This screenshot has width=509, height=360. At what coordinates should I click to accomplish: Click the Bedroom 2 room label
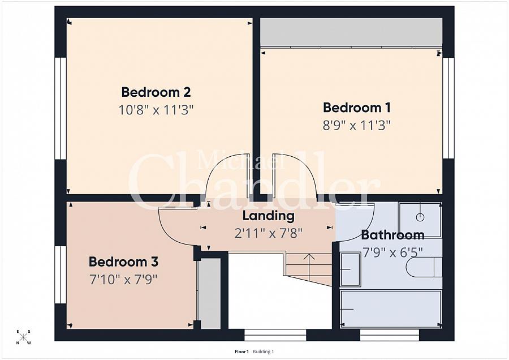[x=156, y=92]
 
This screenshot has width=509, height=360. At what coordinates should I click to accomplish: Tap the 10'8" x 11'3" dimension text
[x=156, y=110]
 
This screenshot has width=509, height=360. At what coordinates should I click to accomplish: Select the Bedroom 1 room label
[x=357, y=108]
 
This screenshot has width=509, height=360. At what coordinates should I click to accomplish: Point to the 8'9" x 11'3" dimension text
[x=356, y=125]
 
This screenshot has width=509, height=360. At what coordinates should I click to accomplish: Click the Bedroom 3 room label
[x=123, y=262]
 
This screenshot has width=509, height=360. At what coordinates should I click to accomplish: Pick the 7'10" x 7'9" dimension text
[x=123, y=279]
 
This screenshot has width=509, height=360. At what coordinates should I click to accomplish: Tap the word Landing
[x=269, y=216]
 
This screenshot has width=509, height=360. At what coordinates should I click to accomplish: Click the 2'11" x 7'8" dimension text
[x=269, y=233]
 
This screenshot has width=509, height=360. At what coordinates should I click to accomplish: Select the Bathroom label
[x=393, y=234]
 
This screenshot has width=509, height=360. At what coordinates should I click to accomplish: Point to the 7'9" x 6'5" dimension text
[x=393, y=252]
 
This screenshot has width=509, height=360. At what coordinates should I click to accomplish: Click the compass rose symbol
[x=23, y=337]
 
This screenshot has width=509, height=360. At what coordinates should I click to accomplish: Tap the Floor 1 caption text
[x=241, y=352]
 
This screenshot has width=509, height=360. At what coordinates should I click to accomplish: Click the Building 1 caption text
[x=263, y=352]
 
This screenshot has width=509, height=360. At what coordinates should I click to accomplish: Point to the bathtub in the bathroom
[x=391, y=309]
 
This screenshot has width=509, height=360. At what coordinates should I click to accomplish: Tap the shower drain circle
[x=420, y=217]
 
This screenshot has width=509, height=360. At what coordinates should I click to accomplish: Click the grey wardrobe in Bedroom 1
[x=351, y=32]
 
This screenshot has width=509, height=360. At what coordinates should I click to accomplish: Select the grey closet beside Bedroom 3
[x=209, y=293]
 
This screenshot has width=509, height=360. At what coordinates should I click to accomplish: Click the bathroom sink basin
[x=350, y=269]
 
